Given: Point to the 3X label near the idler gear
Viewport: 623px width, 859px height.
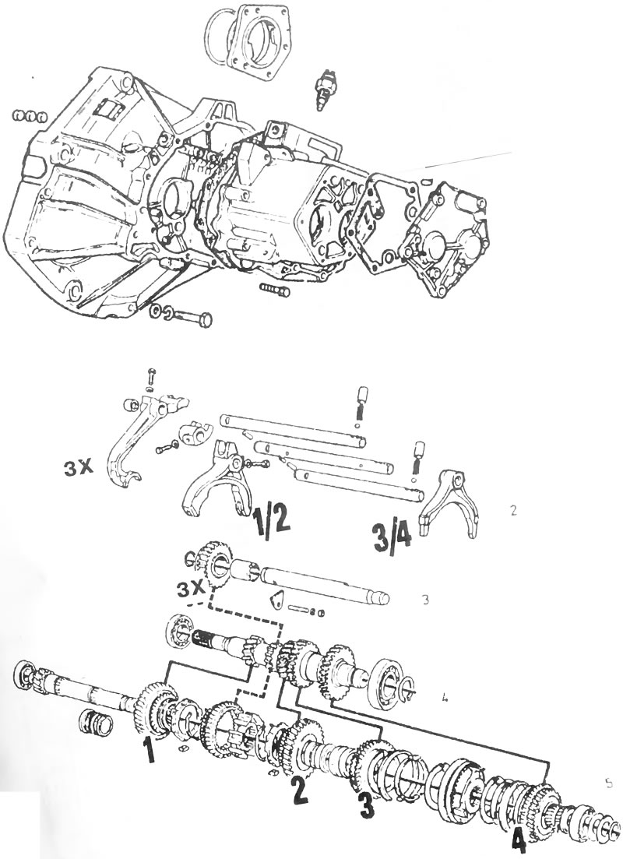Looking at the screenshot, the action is click(x=191, y=590).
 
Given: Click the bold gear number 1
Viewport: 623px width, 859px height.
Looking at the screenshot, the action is click(x=148, y=750).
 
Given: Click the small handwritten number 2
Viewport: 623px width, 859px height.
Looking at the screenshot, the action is click(x=512, y=511).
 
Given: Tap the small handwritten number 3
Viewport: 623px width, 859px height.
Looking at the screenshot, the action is click(x=426, y=600).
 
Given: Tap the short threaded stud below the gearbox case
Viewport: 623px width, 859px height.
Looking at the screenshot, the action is click(x=276, y=289).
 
